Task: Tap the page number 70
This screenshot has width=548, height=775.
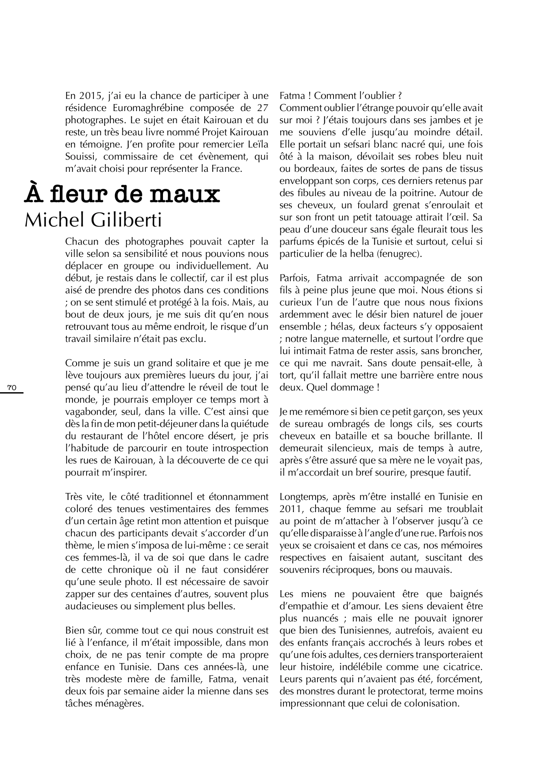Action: tap(12, 388)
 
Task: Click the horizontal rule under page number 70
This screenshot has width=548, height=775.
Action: tap(11, 392)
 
